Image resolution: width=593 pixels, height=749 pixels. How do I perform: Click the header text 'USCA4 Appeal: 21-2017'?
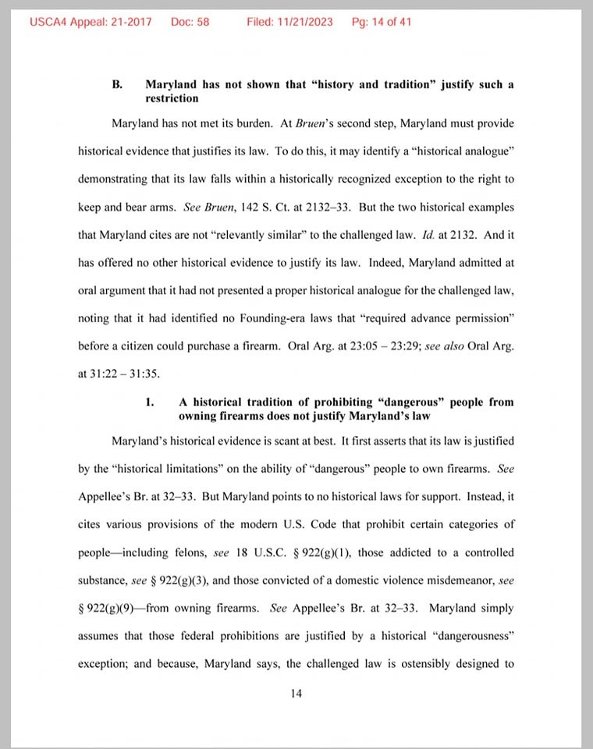(91, 22)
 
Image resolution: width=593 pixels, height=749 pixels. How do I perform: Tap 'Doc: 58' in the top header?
(190, 22)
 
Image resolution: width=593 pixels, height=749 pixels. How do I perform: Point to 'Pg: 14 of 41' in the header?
(382, 22)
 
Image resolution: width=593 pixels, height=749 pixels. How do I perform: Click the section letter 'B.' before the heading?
(118, 84)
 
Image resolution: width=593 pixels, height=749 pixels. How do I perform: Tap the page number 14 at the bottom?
(296, 693)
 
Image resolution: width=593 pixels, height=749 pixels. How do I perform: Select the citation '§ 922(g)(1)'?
(315, 552)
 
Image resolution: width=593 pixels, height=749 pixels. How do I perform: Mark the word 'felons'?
(186, 552)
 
